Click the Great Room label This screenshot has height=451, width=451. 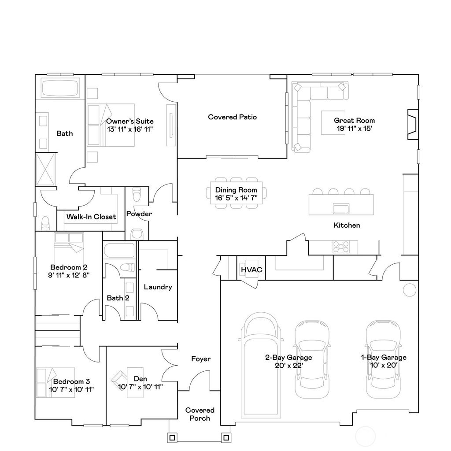[x=354, y=121]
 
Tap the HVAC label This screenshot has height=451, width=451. [x=251, y=270]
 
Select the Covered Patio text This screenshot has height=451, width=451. [x=233, y=117]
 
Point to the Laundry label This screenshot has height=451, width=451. [x=158, y=287]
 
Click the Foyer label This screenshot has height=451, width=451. [x=201, y=359]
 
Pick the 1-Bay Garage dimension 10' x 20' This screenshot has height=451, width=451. [x=384, y=366]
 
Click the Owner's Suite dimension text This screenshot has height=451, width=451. [x=130, y=129]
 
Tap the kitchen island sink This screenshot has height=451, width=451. [x=341, y=208]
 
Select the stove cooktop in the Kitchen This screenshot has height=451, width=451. [x=341, y=247]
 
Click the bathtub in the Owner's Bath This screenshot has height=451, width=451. [x=60, y=89]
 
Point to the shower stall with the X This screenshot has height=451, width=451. [x=46, y=170]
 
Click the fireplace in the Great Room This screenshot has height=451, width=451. [x=413, y=124]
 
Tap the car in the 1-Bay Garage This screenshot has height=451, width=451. [x=383, y=359]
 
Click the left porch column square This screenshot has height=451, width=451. [x=172, y=438]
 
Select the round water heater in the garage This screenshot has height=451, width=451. [x=410, y=290]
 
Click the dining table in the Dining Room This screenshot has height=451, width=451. [x=236, y=193]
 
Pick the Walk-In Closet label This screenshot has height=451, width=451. [x=91, y=217]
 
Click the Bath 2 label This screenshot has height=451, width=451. [x=118, y=298]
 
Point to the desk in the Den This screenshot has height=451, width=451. [x=135, y=383]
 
